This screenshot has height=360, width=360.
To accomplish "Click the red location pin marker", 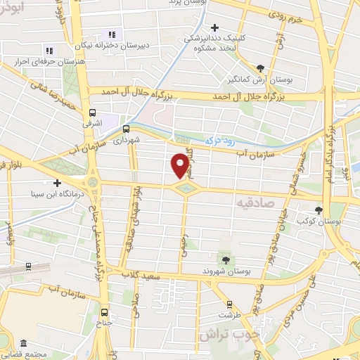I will click(180, 166).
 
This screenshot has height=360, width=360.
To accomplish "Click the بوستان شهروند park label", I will click(231, 271).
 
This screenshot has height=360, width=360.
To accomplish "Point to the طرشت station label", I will click(225, 315).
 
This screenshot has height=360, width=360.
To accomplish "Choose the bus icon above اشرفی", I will click(92, 112).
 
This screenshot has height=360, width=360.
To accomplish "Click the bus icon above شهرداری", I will click(127, 129).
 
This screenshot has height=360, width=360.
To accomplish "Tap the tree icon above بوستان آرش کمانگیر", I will click(261, 67).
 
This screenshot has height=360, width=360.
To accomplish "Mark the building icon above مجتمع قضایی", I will click(24, 344).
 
